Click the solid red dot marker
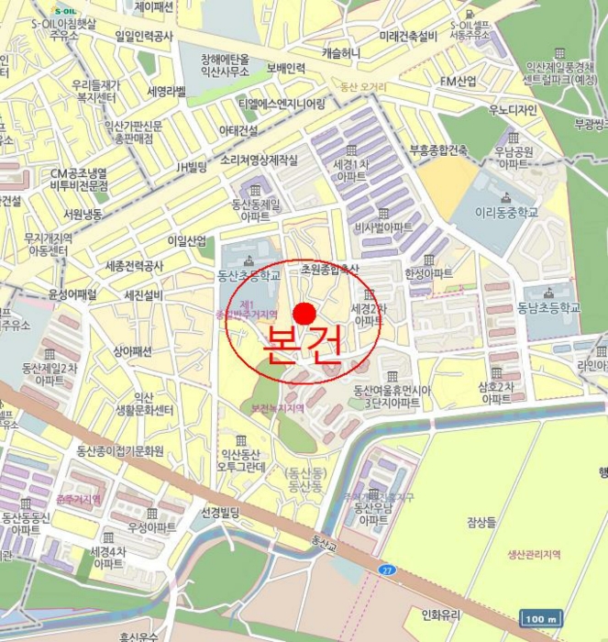pyautogui.click(x=304, y=312)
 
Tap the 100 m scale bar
pyautogui.click(x=541, y=618)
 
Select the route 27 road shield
pyautogui.click(x=386, y=570)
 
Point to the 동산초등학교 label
pyautogui.click(x=248, y=273)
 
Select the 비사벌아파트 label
pyautogui.click(x=383, y=227)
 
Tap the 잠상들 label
pyautogui.click(x=481, y=522)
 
